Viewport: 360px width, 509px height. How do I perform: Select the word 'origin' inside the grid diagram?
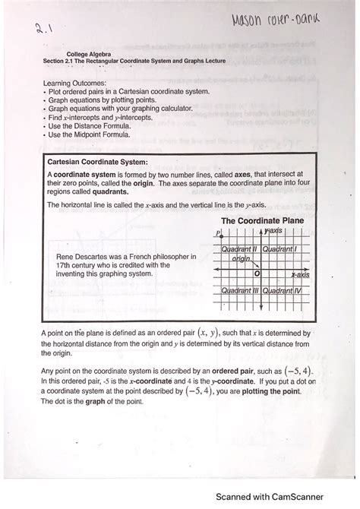tap(241, 260)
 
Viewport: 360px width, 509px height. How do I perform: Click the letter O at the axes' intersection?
tap(257, 273)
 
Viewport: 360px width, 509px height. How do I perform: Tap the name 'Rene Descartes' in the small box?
tap(84, 256)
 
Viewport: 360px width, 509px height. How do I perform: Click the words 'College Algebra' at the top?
tap(88, 54)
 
